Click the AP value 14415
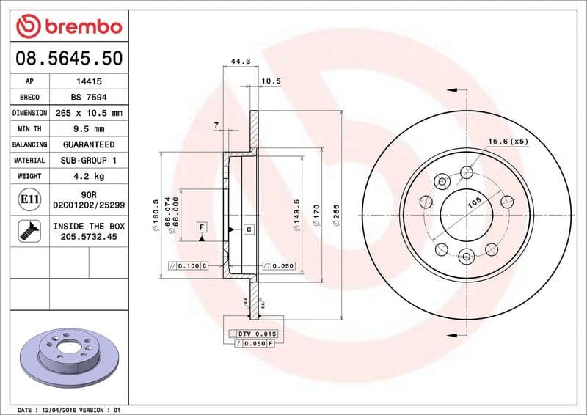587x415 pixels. (90, 82)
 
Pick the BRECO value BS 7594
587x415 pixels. (90, 98)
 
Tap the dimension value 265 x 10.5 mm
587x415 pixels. (90, 113)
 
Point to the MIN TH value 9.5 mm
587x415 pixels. (90, 129)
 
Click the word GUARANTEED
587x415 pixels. (90, 144)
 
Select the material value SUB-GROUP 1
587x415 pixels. (90, 160)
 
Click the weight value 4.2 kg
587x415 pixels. (90, 176)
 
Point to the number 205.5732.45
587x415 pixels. (90, 237)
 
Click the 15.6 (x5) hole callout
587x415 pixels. (508, 141)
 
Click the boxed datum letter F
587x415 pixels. (200, 228)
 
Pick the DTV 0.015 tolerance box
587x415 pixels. (253, 334)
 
